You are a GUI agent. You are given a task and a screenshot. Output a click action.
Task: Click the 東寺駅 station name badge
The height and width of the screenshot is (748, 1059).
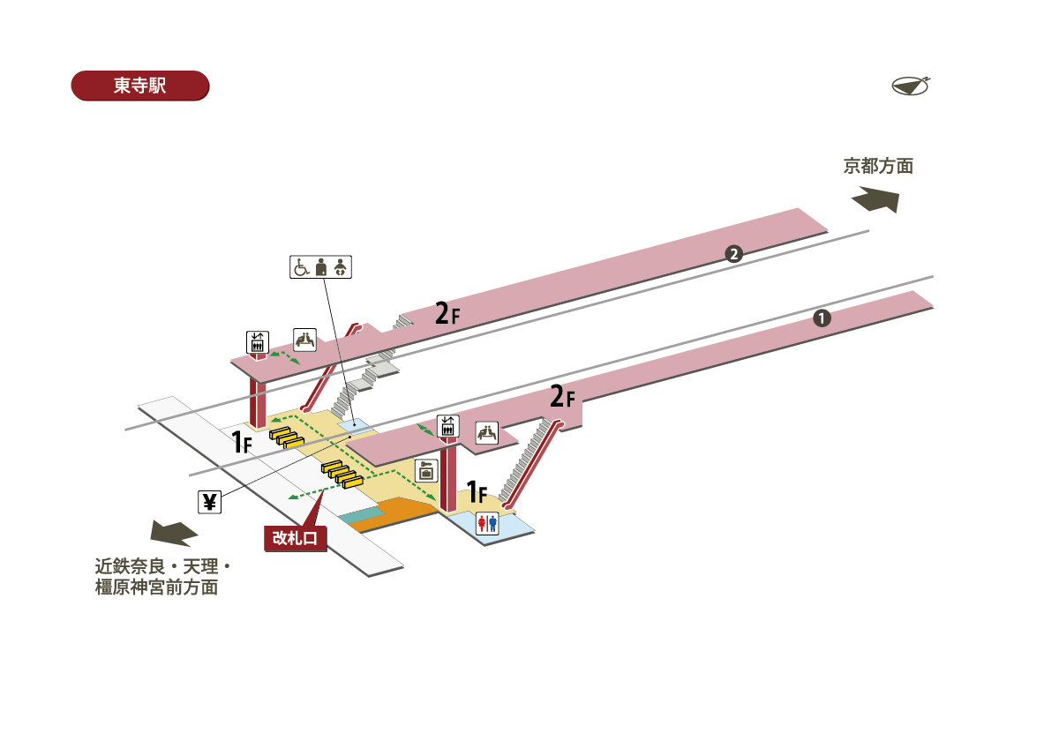pyautogui.click(x=139, y=86)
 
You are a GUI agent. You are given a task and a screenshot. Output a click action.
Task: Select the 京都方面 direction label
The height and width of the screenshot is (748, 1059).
pyautogui.click(x=877, y=166)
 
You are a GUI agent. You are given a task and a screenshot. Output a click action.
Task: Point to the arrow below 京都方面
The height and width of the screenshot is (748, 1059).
pyautogui.click(x=876, y=199)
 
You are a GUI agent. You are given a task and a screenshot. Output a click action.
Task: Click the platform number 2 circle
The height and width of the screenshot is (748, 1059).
pyautogui.click(x=732, y=255)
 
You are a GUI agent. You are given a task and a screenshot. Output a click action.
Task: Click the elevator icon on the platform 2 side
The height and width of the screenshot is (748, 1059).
pyautogui.click(x=257, y=341)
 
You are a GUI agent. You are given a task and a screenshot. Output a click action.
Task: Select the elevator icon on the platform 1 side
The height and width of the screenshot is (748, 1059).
pyautogui.click(x=447, y=426)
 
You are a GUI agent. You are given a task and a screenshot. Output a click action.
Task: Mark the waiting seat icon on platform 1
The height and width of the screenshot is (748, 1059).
pyautogui.click(x=487, y=432)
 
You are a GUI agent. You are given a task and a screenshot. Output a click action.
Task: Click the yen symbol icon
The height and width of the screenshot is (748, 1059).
pyautogui.click(x=209, y=502)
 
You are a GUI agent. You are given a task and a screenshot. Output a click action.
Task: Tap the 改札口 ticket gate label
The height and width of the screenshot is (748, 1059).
pyautogui.click(x=296, y=537)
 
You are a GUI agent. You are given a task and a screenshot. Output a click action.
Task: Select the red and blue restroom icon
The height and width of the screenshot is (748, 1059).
pyautogui.click(x=487, y=524)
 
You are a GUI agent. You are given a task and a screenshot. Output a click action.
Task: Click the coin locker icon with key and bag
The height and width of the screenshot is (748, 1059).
pyautogui.click(x=426, y=470)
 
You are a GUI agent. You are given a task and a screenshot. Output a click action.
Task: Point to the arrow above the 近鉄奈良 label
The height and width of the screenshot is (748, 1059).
pyautogui.click(x=174, y=533)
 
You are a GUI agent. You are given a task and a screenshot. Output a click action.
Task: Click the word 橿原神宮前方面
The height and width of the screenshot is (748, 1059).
pyautogui.click(x=156, y=587)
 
